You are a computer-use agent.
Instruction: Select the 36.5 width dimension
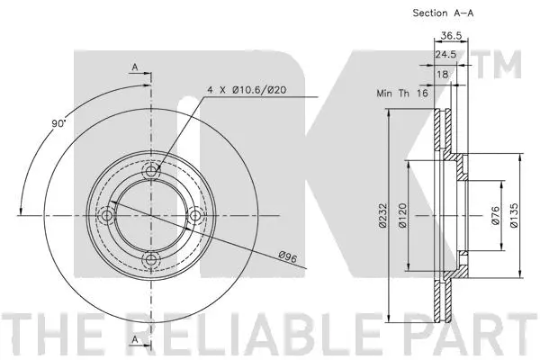coord(452,37)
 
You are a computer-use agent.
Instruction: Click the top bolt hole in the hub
coord(150,169)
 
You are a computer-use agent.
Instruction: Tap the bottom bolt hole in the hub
coord(150,260)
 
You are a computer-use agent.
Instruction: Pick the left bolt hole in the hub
coord(106,215)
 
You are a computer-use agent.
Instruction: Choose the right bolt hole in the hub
coord(195,215)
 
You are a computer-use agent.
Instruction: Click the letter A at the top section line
coord(134,67)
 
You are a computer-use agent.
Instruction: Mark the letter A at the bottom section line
coord(134,339)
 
